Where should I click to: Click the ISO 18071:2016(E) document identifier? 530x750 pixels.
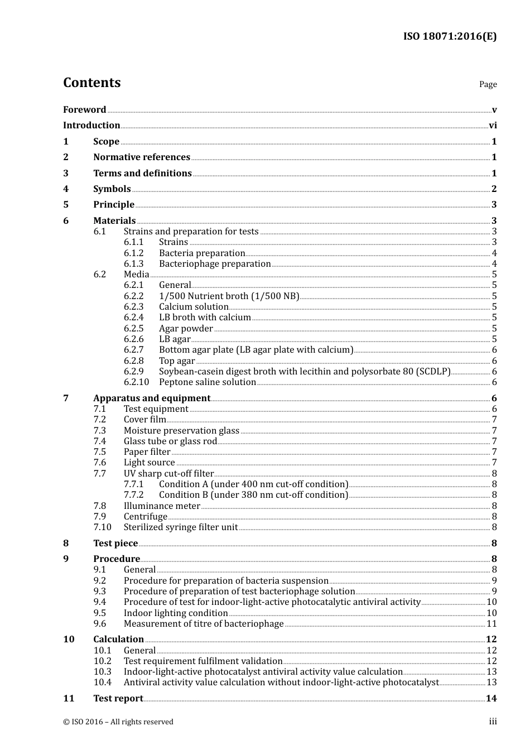tap(450, 36)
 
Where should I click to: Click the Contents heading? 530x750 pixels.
tap(91, 83)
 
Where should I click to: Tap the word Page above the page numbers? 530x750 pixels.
tap(488, 84)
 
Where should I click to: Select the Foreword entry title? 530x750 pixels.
tap(84, 109)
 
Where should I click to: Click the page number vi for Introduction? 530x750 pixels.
tap(493, 126)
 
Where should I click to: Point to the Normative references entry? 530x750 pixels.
tap(142, 157)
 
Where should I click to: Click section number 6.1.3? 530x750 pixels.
tap(133, 264)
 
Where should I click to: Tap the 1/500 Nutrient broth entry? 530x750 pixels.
tap(229, 296)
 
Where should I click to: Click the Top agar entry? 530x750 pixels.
tap(177, 361)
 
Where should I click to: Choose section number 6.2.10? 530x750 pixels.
tap(136, 382)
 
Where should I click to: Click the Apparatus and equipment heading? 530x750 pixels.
tap(152, 398)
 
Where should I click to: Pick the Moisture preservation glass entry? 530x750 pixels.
tap(181, 431)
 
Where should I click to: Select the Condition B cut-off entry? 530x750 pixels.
tap(253, 495)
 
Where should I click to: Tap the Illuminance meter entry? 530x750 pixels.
tap(162, 506)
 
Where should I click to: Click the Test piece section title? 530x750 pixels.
tap(115, 544)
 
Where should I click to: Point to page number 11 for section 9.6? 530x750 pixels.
tap(492, 624)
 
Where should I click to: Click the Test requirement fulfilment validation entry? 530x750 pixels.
tap(203, 661)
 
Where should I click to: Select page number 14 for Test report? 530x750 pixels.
tap(491, 699)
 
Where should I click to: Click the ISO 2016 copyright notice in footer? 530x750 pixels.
tap(118, 722)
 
